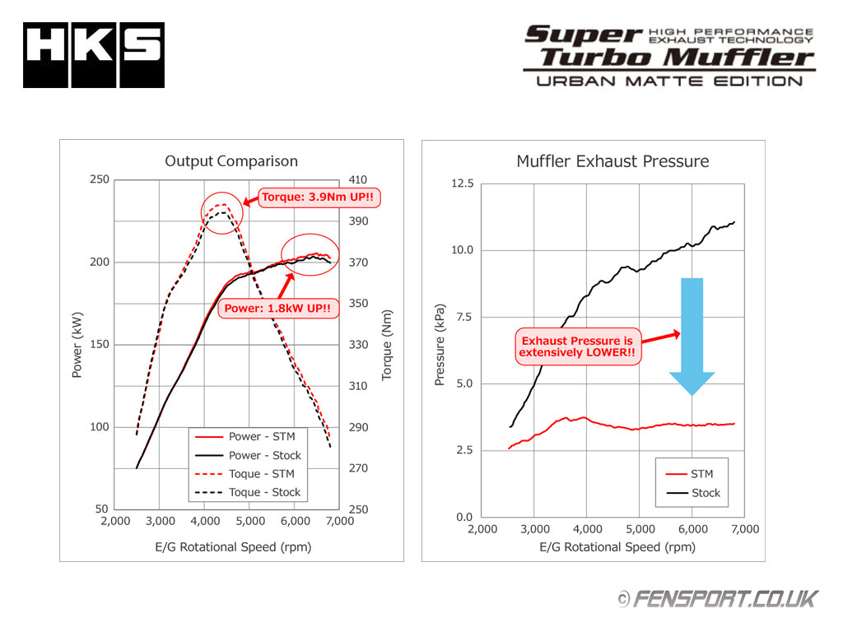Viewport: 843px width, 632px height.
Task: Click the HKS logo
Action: pyautogui.click(x=93, y=55)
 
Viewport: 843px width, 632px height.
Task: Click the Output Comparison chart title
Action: pyautogui.click(x=231, y=161)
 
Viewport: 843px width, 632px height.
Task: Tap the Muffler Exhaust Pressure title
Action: pyautogui.click(x=612, y=161)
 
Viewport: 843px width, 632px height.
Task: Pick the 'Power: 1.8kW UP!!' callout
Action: pyautogui.click(x=278, y=309)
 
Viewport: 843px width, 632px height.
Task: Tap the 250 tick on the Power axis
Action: pyautogui.click(x=99, y=179)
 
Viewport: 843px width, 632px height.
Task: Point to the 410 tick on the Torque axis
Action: pyautogui.click(x=358, y=179)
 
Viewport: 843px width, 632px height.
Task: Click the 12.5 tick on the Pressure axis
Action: pyautogui.click(x=463, y=183)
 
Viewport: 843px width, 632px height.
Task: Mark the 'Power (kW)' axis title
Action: pyautogui.click(x=77, y=344)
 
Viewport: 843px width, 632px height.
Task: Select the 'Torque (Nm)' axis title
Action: pyautogui.click(x=387, y=344)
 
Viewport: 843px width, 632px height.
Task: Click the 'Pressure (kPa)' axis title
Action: pyautogui.click(x=440, y=351)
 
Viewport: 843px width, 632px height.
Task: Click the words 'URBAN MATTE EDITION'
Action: pyautogui.click(x=668, y=81)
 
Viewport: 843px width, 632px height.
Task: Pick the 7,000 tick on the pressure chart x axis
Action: pyautogui.click(x=744, y=529)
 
